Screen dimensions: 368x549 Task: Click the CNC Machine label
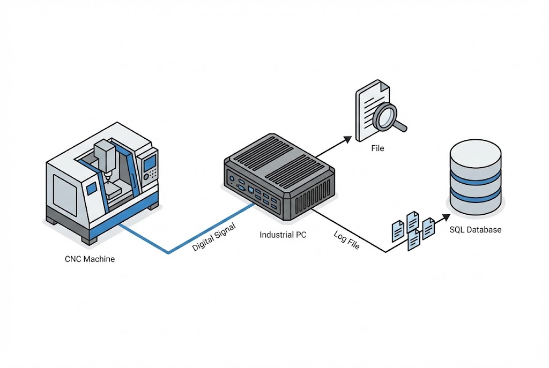coord(90,259)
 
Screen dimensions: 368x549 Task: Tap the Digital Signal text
coord(214,237)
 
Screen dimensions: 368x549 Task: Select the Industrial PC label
coord(283,235)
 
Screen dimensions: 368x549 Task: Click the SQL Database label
coord(475,230)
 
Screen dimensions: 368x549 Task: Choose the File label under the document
coord(377,148)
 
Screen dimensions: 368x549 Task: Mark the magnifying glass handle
coord(400,126)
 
